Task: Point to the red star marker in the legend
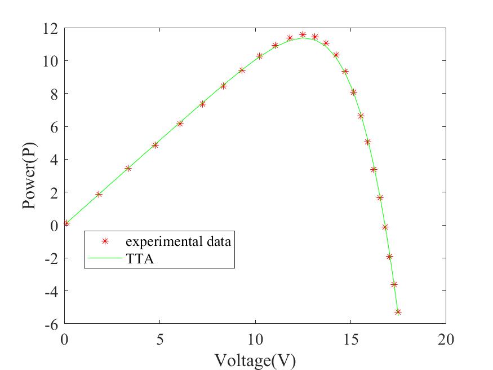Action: (104, 241)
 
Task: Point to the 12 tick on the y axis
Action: (52, 28)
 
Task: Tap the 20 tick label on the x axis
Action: (445, 340)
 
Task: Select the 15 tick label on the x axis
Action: (350, 340)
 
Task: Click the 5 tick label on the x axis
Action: (160, 340)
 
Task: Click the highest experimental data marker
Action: (303, 35)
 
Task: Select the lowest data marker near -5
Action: (398, 312)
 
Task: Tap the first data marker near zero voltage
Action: (66, 223)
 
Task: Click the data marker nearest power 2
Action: (99, 194)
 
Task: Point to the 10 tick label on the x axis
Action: (255, 340)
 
